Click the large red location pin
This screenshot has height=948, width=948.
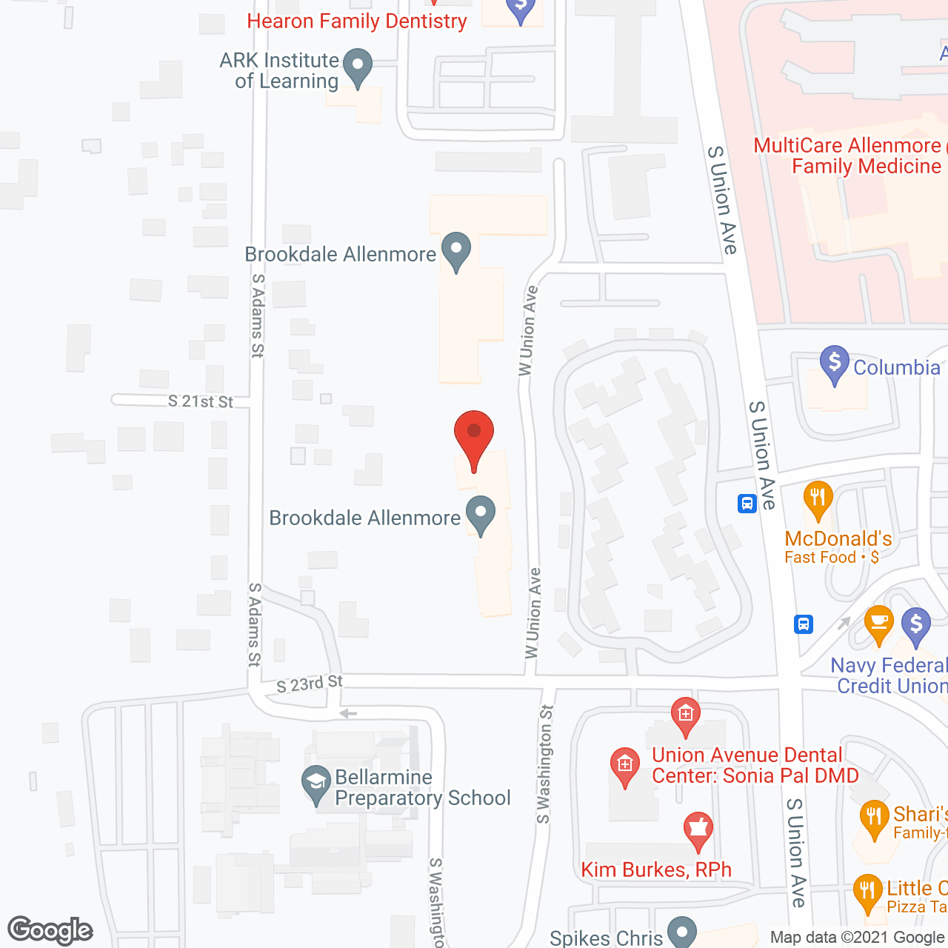(473, 437)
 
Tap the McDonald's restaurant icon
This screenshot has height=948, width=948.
(818, 499)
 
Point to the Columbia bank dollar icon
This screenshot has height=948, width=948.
(835, 364)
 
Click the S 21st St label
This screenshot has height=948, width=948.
(200, 401)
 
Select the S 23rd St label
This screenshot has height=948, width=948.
(310, 684)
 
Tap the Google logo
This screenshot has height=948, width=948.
(50, 930)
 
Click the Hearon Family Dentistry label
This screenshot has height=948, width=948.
(357, 21)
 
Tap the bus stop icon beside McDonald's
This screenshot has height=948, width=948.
(747, 504)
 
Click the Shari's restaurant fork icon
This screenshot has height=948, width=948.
(874, 820)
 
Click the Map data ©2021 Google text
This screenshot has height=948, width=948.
(858, 938)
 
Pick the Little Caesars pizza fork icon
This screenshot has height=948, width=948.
(867, 892)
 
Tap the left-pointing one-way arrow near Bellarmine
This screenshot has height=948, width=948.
(348, 714)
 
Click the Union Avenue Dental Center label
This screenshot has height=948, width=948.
(754, 765)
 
